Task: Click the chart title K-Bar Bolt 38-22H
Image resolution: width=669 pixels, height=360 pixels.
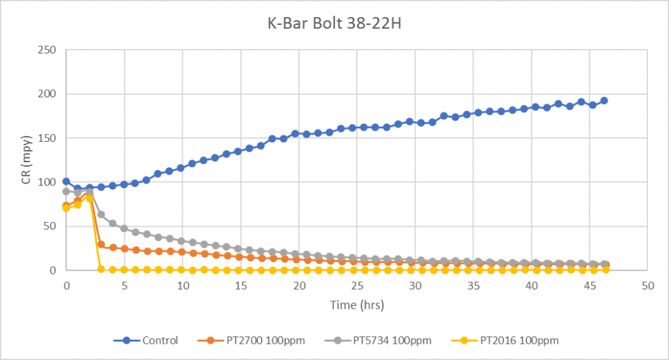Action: [334, 23]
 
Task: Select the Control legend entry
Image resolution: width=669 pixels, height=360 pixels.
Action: [146, 340]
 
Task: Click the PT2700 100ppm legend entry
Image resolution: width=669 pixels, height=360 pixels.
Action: [252, 340]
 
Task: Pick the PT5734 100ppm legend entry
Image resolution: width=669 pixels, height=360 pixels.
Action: [378, 340]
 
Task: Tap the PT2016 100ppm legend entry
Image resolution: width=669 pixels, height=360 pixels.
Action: [505, 340]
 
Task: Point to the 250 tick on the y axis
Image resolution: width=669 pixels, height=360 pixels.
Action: [47, 50]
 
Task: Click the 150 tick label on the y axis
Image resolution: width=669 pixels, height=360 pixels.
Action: [47, 139]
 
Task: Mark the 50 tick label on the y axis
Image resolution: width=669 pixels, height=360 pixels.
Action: [50, 226]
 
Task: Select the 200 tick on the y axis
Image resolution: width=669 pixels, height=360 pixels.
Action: [47, 94]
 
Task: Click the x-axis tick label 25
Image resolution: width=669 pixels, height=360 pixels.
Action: [357, 286]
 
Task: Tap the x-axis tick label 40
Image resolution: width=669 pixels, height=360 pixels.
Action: [532, 286]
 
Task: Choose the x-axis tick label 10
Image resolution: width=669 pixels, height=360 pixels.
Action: [183, 286]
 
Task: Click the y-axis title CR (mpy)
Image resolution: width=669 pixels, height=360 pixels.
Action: [26, 160]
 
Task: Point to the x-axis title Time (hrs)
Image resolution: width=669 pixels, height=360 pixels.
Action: [357, 305]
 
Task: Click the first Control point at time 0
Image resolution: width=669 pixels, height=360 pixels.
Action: [66, 182]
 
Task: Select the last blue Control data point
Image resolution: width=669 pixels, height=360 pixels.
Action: [604, 101]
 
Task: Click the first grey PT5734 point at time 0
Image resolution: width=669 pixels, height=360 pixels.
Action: [66, 191]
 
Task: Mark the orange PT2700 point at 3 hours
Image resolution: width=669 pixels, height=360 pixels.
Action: [101, 244]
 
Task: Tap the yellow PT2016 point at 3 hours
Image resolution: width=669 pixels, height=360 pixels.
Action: [101, 269]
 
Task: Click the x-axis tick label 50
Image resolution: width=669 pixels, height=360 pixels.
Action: [647, 286]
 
